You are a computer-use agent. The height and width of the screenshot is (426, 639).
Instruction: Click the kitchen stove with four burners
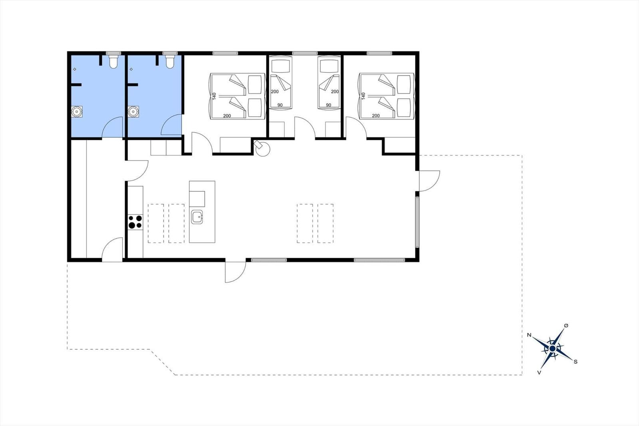(135, 222)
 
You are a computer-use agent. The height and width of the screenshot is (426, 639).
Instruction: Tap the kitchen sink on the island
(197, 217)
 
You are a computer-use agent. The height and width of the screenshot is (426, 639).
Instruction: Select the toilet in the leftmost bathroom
(113, 62)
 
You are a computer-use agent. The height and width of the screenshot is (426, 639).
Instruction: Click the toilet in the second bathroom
(170, 62)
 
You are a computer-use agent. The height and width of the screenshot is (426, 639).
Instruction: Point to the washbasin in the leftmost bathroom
(77, 111)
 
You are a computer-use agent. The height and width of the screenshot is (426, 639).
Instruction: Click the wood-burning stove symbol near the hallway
(262, 148)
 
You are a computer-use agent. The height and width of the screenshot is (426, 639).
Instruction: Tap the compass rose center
(553, 348)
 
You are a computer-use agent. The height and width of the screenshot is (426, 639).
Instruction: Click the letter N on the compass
(529, 335)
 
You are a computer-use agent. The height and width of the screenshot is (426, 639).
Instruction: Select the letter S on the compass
(575, 362)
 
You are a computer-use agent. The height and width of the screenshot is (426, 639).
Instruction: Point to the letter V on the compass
(539, 372)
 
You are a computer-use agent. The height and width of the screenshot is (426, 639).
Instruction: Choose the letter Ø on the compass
(566, 326)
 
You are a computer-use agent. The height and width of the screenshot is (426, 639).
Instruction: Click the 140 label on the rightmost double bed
(363, 96)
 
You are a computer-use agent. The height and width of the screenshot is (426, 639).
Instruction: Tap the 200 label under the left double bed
(227, 115)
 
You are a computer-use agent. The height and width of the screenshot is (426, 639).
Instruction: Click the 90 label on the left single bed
(280, 105)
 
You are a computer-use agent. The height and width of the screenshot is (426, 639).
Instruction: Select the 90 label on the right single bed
(329, 105)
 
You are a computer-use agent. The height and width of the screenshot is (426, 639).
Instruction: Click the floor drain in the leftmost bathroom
(75, 69)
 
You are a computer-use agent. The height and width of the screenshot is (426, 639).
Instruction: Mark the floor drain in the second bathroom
(131, 69)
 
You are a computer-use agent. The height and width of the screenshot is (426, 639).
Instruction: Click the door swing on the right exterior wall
(429, 181)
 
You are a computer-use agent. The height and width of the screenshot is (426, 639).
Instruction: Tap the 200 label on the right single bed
(335, 92)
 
